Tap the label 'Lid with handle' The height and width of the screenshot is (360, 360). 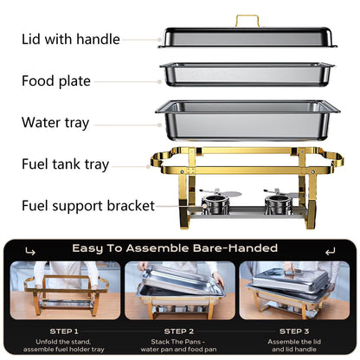[x=71, y=39]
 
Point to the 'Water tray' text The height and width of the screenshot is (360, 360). [x=55, y=123]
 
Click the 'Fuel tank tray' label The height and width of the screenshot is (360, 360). [x=66, y=164]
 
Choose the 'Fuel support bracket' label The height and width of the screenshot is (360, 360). [x=88, y=206]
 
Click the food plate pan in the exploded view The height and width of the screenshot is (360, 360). [x=246, y=73]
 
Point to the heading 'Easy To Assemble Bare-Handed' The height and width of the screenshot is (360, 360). [x=179, y=248]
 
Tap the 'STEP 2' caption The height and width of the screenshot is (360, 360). [x=179, y=330]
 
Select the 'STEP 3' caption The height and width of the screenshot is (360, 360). [x=294, y=330]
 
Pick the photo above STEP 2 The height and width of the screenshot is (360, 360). [x=179, y=291]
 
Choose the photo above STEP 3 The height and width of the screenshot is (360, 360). [x=294, y=291]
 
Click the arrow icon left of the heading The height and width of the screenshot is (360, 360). [x=31, y=250]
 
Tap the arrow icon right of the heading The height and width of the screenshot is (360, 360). [x=329, y=250]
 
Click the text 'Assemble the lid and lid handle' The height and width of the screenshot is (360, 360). [x=294, y=344]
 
